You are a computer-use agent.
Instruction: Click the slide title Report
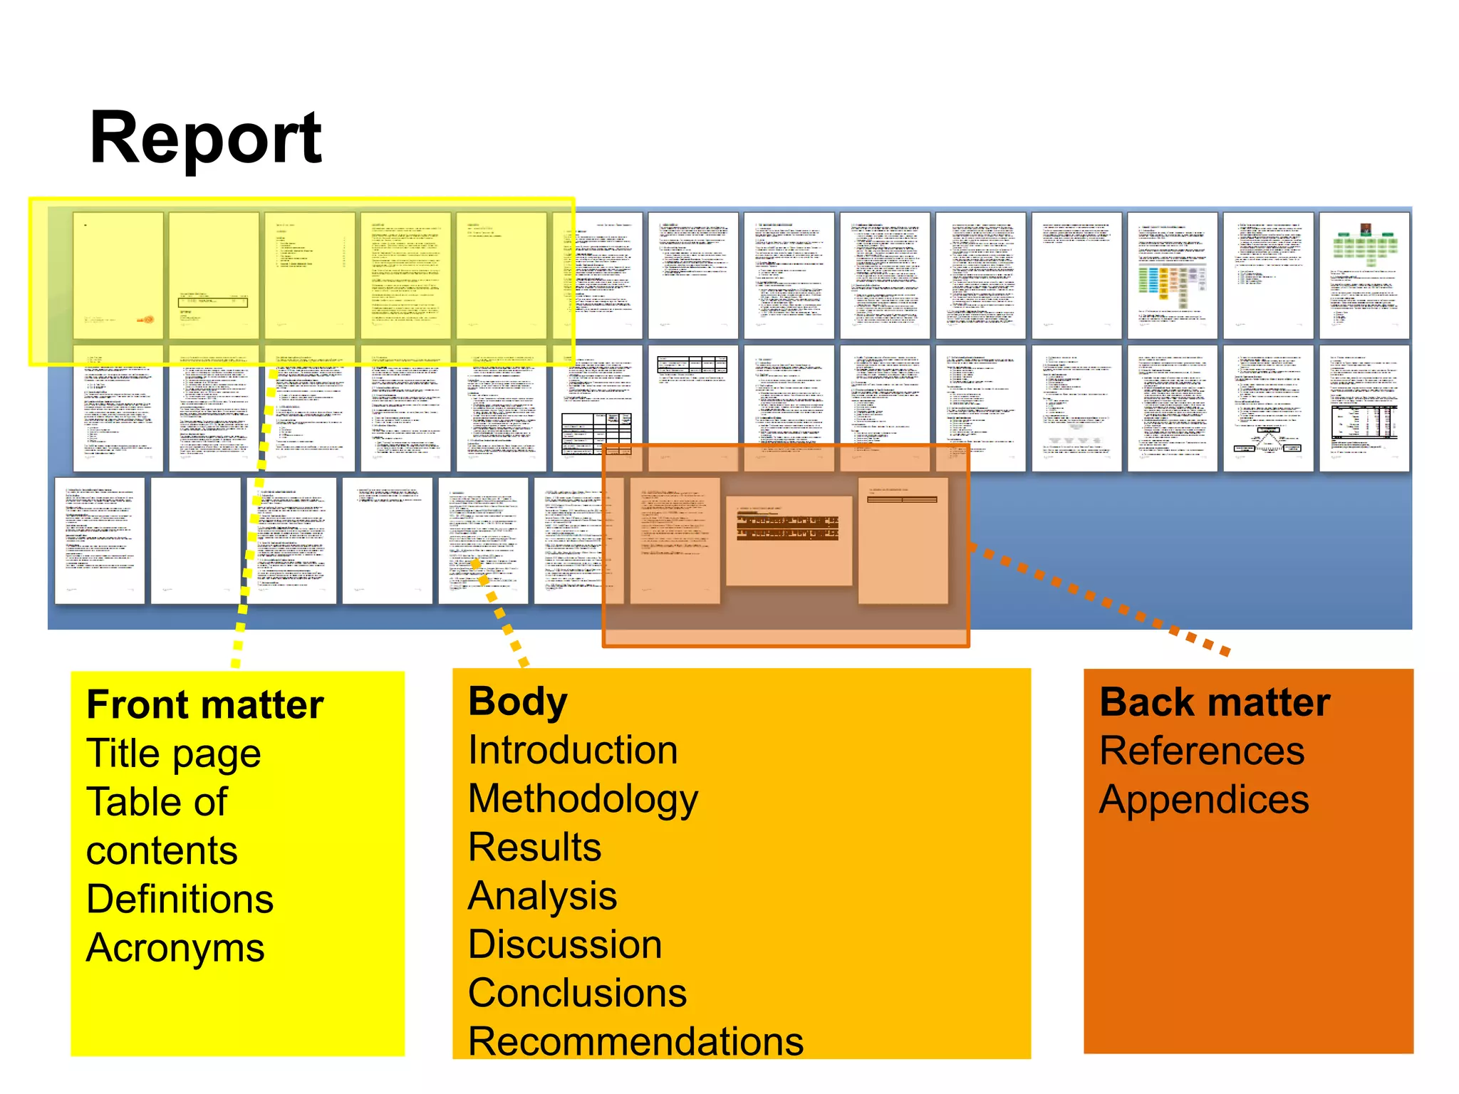[x=205, y=139]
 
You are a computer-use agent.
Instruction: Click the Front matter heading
[x=204, y=704]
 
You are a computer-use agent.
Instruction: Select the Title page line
[x=173, y=754]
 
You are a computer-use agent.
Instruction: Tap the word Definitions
[x=180, y=899]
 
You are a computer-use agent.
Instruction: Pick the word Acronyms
[x=175, y=948]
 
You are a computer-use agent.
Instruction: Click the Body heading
[x=517, y=702]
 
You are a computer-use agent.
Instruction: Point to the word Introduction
[x=573, y=750]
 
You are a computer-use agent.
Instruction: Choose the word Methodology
[x=583, y=799]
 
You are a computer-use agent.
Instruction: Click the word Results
[x=534, y=848]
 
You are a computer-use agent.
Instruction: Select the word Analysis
[x=542, y=896]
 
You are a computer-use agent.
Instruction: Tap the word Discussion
[x=565, y=944]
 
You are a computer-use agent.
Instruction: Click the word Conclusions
[x=577, y=993]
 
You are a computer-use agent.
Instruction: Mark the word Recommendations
[x=635, y=1041]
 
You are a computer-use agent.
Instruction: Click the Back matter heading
[x=1215, y=702]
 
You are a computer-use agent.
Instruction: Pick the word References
[x=1202, y=751]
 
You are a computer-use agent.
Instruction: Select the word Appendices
[x=1204, y=799]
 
